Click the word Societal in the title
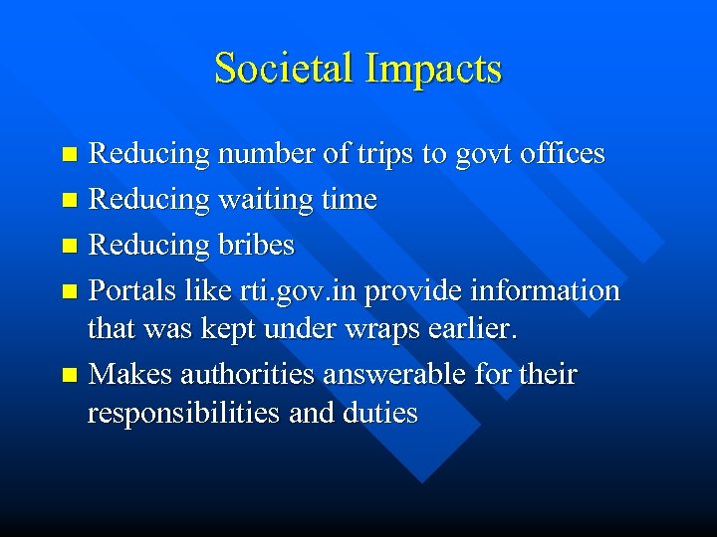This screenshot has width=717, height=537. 284,69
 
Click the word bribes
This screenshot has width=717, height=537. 254,246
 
